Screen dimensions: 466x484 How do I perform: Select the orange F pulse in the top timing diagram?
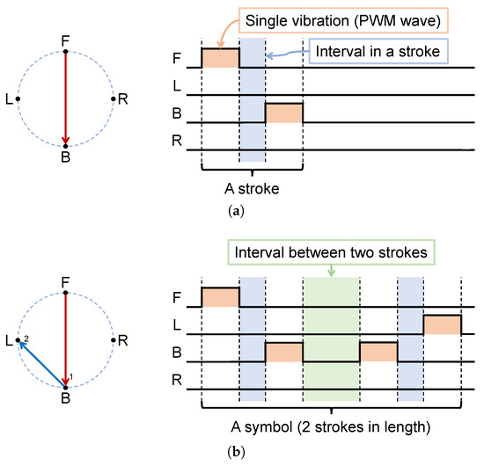(220, 58)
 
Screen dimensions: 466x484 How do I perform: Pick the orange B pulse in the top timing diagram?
(284, 113)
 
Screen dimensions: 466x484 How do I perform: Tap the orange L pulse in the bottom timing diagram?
(443, 324)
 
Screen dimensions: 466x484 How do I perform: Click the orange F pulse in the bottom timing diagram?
(220, 297)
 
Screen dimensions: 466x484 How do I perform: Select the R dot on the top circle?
(114, 98)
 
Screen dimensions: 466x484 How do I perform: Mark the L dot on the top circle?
(18, 98)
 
